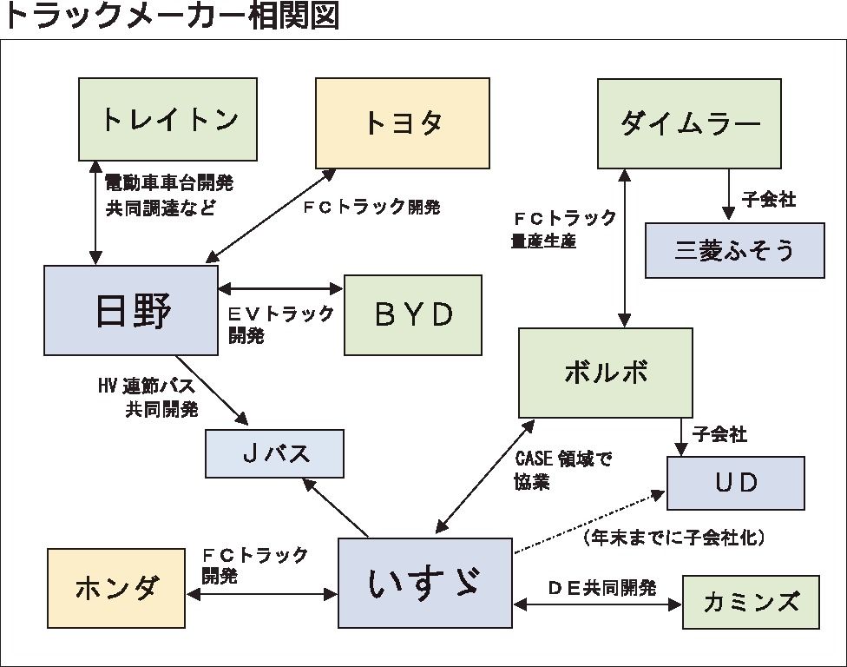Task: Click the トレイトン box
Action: [167, 120]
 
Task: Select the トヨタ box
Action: [402, 122]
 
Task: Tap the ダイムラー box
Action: [690, 122]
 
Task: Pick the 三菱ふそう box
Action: [734, 250]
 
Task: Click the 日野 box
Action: [131, 310]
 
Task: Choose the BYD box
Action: [413, 314]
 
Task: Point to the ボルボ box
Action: [605, 373]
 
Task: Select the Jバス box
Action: [274, 453]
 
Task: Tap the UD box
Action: [735, 482]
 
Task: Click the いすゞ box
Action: [423, 583]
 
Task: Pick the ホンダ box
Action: [116, 588]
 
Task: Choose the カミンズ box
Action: [751, 601]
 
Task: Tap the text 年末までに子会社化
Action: [673, 538]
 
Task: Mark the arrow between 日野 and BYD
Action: [281, 288]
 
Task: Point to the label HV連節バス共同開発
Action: [148, 396]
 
